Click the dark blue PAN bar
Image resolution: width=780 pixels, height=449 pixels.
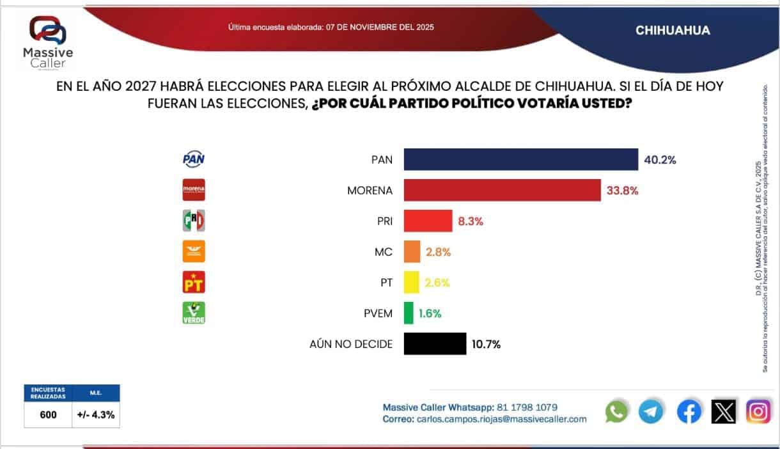click(520, 160)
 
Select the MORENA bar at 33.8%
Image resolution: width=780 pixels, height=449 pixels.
click(502, 190)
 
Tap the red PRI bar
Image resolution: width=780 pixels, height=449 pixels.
click(428, 221)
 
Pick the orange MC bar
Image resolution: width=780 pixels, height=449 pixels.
click(412, 252)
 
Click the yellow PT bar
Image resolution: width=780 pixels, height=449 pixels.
click(411, 282)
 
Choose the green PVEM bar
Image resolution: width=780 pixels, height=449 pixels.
click(408, 313)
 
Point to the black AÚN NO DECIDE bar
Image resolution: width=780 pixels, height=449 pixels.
click(435, 344)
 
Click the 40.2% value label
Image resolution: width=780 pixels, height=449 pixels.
click(660, 160)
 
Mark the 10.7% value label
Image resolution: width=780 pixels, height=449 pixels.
click(486, 344)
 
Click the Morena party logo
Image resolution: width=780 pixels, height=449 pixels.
click(194, 190)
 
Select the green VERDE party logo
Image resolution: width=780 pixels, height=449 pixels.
click(194, 313)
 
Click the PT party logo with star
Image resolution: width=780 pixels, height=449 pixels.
click(194, 282)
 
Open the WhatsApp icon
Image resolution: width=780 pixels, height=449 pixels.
click(616, 411)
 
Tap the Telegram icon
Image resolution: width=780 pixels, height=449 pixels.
click(651, 411)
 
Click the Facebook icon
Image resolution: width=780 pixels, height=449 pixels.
click(689, 411)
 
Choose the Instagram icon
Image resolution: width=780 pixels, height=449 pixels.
click(758, 411)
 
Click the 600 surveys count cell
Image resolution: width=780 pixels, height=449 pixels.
click(48, 414)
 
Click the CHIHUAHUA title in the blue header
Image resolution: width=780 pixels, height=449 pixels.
click(673, 31)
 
